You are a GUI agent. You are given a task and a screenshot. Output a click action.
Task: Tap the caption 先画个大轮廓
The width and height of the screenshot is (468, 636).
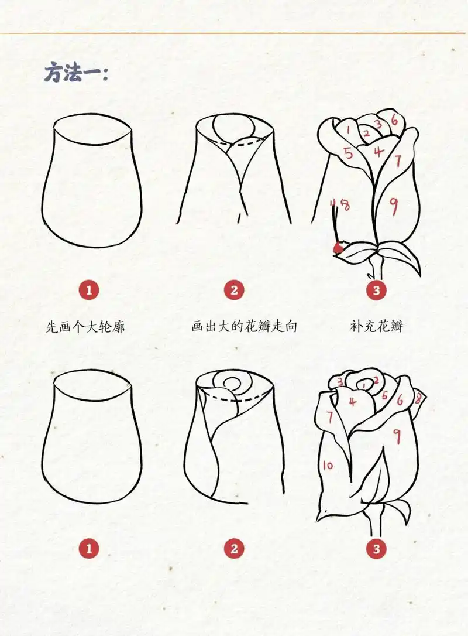(x=85, y=326)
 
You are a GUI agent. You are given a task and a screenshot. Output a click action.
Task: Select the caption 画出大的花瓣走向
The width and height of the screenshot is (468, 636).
(x=244, y=326)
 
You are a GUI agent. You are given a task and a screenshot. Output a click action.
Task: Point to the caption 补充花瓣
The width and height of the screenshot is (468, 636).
(x=376, y=326)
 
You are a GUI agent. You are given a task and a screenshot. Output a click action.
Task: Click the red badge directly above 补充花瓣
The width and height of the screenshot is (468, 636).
(x=376, y=290)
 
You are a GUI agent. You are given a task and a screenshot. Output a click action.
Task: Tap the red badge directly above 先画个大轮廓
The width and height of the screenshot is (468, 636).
(x=89, y=290)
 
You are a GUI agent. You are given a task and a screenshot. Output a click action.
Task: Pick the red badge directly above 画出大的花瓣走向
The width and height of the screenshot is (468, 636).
(x=233, y=290)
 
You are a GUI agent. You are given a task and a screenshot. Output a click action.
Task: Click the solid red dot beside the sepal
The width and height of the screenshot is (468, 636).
(x=338, y=248)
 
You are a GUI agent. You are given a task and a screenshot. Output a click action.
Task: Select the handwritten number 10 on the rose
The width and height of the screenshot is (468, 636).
(x=328, y=466)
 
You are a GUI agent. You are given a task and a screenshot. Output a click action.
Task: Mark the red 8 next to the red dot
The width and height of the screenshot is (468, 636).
(x=345, y=206)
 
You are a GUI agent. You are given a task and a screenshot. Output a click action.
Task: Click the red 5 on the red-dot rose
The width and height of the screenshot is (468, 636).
(x=349, y=154)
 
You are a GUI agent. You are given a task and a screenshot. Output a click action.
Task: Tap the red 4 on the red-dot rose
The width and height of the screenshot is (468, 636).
(x=379, y=151)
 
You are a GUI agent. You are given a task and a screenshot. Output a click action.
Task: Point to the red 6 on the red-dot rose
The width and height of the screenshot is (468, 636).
(x=394, y=121)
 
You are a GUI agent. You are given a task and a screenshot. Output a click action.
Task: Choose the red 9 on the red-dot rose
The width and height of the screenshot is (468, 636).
(x=393, y=205)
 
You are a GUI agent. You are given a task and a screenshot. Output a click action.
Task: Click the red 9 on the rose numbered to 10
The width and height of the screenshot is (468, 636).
(x=397, y=436)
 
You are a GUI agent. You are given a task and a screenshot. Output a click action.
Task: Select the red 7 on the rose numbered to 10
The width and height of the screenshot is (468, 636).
(x=330, y=417)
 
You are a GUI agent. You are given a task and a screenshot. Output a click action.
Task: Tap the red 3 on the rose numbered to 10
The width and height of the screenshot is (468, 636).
(x=340, y=382)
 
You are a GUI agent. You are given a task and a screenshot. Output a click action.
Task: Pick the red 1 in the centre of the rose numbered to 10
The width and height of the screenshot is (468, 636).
(x=364, y=385)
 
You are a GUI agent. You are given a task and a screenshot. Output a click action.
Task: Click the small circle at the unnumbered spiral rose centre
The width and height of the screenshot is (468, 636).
(x=233, y=384)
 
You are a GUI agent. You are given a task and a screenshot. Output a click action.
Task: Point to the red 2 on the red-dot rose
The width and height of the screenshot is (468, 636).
(x=367, y=134)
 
